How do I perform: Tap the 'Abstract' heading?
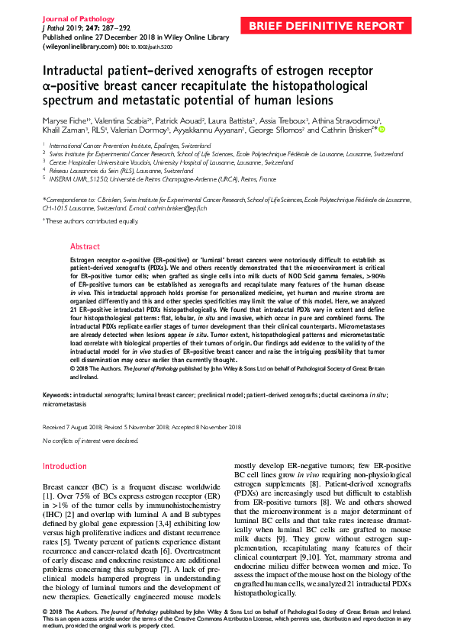85,247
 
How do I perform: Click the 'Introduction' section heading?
65,466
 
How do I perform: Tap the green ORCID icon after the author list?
382,130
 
